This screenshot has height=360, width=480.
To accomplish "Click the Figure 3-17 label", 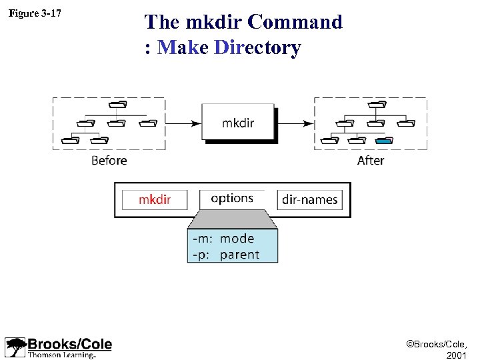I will point(34,13).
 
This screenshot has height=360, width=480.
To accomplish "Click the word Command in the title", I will point(294,22).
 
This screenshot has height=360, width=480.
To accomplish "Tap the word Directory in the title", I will point(258,48).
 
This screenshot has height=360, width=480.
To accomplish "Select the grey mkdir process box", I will point(237,122).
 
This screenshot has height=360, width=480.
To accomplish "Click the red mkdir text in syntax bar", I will point(155,199).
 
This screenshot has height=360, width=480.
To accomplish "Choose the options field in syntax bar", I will point(232,199).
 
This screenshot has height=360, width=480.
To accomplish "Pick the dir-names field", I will point(309,199).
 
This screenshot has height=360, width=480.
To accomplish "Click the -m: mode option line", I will point(223,238).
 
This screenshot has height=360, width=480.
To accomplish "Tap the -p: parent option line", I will point(225,254).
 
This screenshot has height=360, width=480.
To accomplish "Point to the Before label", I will point(109,160).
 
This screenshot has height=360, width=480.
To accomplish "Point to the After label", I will point(370,160).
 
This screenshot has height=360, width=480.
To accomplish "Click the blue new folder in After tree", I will point(384,140).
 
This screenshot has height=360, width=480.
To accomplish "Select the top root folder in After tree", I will point(378,104).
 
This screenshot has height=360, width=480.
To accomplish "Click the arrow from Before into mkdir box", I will point(183,123).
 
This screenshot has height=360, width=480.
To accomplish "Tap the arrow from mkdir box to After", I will point(295,123).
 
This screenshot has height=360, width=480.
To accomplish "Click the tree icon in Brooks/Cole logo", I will point(15,347).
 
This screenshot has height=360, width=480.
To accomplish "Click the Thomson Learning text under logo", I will point(61,355).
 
